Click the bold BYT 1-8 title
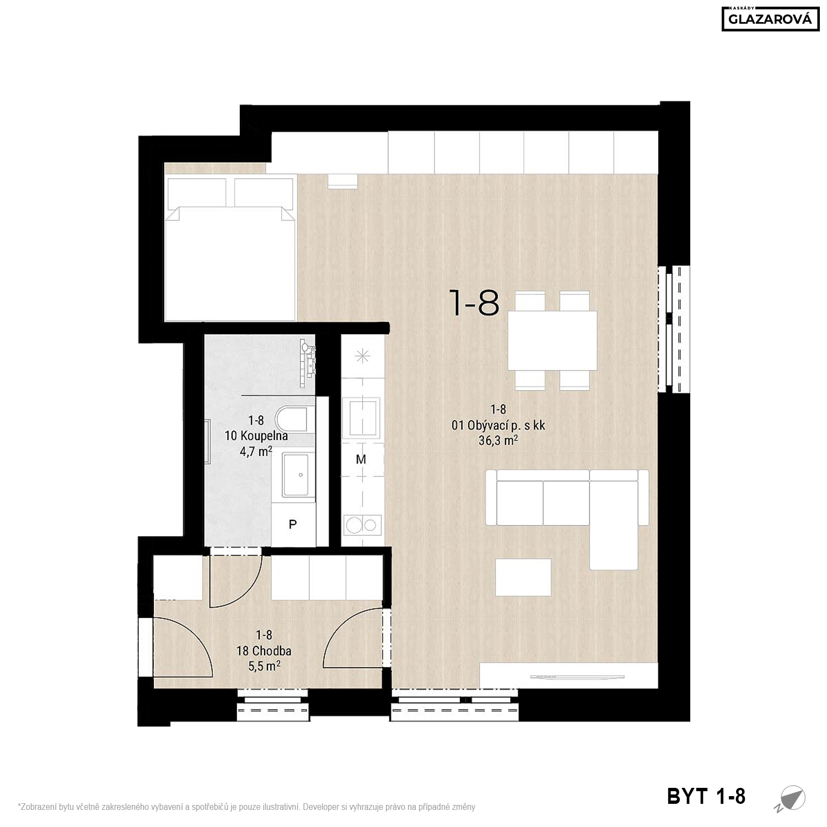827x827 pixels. [706, 796]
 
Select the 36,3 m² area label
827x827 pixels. [498, 441]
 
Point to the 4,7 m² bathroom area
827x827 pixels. [256, 452]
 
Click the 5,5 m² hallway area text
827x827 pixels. [265, 666]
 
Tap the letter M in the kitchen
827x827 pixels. [361, 459]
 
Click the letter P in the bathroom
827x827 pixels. [293, 525]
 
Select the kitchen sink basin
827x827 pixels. [361, 418]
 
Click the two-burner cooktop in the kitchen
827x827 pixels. [362, 524]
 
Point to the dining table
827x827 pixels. [552, 340]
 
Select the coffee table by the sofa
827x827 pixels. [523, 577]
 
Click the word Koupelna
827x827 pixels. [264, 436]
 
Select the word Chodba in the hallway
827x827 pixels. [271, 651]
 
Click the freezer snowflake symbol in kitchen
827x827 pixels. [362, 356]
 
